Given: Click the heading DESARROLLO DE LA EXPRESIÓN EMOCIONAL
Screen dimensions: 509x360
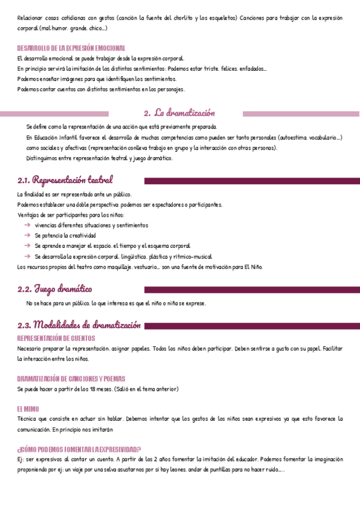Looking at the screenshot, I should pos(71,47).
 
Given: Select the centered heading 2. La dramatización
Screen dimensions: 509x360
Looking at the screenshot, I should pos(179,113).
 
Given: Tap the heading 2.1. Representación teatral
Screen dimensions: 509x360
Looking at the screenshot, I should pos(65,180).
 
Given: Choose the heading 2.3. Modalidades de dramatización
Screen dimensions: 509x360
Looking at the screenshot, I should pos(79,325).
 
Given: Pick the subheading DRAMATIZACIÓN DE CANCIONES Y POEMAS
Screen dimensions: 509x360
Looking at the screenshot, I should pos(71,379).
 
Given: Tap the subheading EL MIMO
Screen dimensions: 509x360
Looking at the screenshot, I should pos(28,409).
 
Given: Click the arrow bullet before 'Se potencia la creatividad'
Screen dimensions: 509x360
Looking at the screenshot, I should pos(28,235).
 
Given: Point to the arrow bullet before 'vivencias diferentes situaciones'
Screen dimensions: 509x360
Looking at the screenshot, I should pos(28,225).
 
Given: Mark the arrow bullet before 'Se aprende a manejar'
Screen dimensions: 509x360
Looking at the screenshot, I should pos(28,245).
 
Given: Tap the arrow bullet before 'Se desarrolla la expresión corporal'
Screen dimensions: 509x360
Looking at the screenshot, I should pos(28,256).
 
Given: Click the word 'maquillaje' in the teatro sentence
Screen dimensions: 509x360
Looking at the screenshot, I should pos(123,267).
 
